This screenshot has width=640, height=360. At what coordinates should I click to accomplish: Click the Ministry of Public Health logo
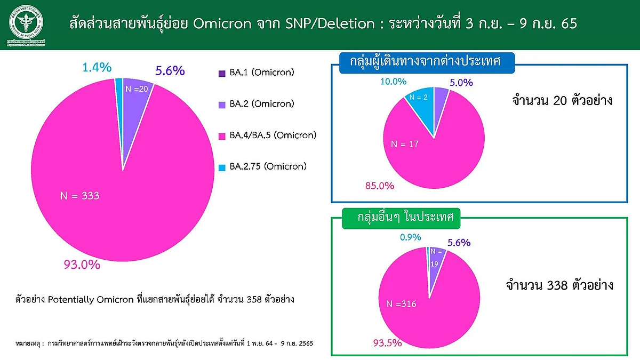(x=26, y=25)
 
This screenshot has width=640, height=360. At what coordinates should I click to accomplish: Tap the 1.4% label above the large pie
(x=97, y=67)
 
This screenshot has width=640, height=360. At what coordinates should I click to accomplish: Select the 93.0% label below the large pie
(x=82, y=265)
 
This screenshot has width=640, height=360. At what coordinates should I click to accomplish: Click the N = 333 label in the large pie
(x=79, y=196)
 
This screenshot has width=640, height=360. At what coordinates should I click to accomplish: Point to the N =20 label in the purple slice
(x=137, y=89)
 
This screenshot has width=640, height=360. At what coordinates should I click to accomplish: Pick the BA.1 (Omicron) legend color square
(x=222, y=74)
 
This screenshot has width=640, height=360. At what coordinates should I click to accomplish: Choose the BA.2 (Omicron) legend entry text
(x=262, y=103)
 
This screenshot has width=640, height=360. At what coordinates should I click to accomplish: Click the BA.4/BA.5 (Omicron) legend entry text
(x=273, y=135)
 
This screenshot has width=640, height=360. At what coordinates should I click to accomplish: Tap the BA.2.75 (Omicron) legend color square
(x=222, y=167)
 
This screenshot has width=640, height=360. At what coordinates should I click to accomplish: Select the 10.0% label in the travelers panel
(x=394, y=82)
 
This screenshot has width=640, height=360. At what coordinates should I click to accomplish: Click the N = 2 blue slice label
(x=418, y=98)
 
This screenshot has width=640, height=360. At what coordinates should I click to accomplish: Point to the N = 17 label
(x=405, y=144)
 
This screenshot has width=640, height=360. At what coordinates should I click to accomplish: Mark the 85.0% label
(x=380, y=186)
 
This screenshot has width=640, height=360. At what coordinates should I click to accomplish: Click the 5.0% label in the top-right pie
(x=461, y=83)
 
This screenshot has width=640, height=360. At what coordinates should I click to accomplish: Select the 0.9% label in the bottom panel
(x=410, y=237)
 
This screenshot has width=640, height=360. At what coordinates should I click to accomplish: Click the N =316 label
(x=401, y=303)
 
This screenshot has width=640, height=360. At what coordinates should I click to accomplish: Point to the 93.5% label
(x=387, y=343)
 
